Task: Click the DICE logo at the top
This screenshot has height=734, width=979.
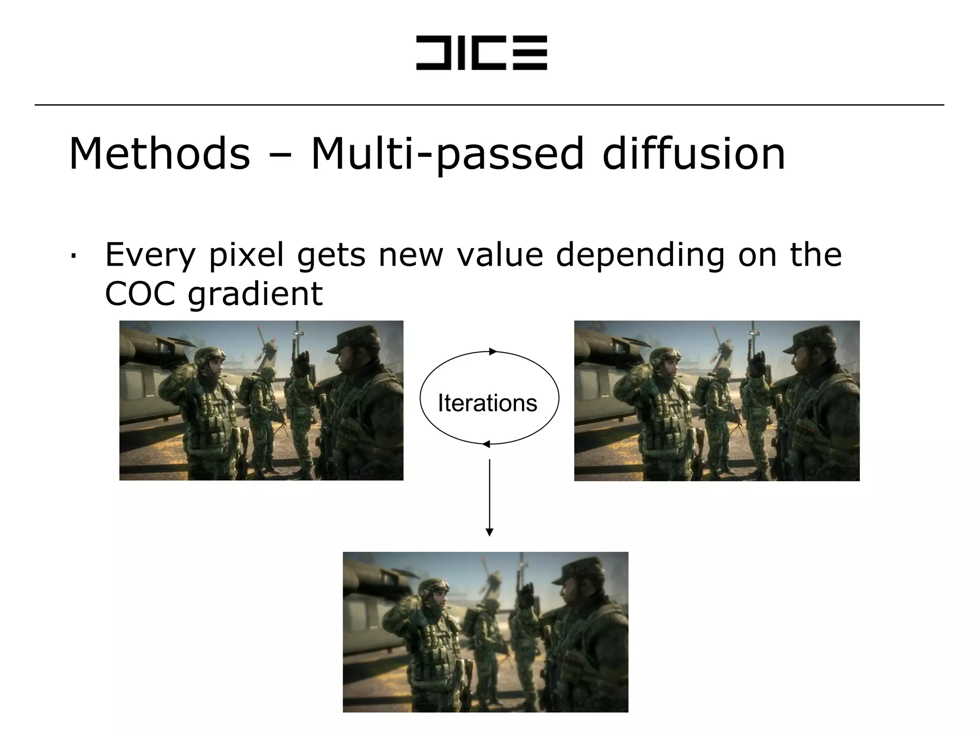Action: coord(481,53)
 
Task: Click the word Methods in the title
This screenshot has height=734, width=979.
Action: coord(160,154)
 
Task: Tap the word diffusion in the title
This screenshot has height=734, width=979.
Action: coord(694,154)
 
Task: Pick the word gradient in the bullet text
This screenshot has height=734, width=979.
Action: coord(255,294)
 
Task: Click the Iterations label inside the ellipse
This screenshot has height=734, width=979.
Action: coord(487,403)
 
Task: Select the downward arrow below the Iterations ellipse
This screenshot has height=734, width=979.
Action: coord(489,497)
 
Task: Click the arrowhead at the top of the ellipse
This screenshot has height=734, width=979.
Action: coord(493,352)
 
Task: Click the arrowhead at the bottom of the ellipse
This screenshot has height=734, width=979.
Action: coord(486,444)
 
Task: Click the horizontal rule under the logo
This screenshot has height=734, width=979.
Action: coord(489,105)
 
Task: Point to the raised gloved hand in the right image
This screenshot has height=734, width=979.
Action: coord(758,363)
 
